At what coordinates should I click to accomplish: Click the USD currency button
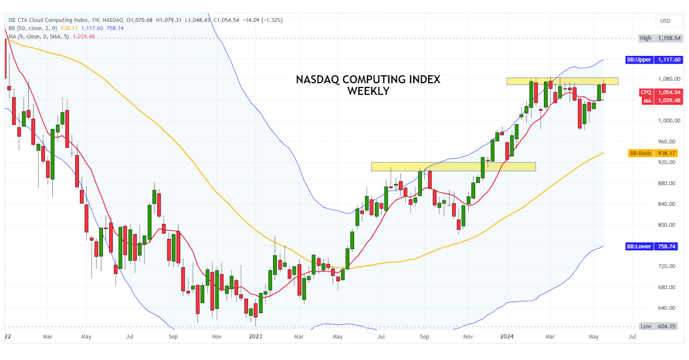tap(665, 21)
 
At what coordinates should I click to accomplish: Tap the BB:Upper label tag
tap(639, 60)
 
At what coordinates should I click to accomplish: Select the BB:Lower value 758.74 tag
tap(668, 246)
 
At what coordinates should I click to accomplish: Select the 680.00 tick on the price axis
tap(667, 287)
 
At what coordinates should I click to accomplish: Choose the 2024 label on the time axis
tap(507, 337)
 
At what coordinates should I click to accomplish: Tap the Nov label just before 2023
tap(217, 337)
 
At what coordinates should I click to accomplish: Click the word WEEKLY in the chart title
tap(368, 91)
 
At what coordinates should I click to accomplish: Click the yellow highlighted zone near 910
tap(453, 166)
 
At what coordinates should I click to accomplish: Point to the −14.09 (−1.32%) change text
tap(262, 20)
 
